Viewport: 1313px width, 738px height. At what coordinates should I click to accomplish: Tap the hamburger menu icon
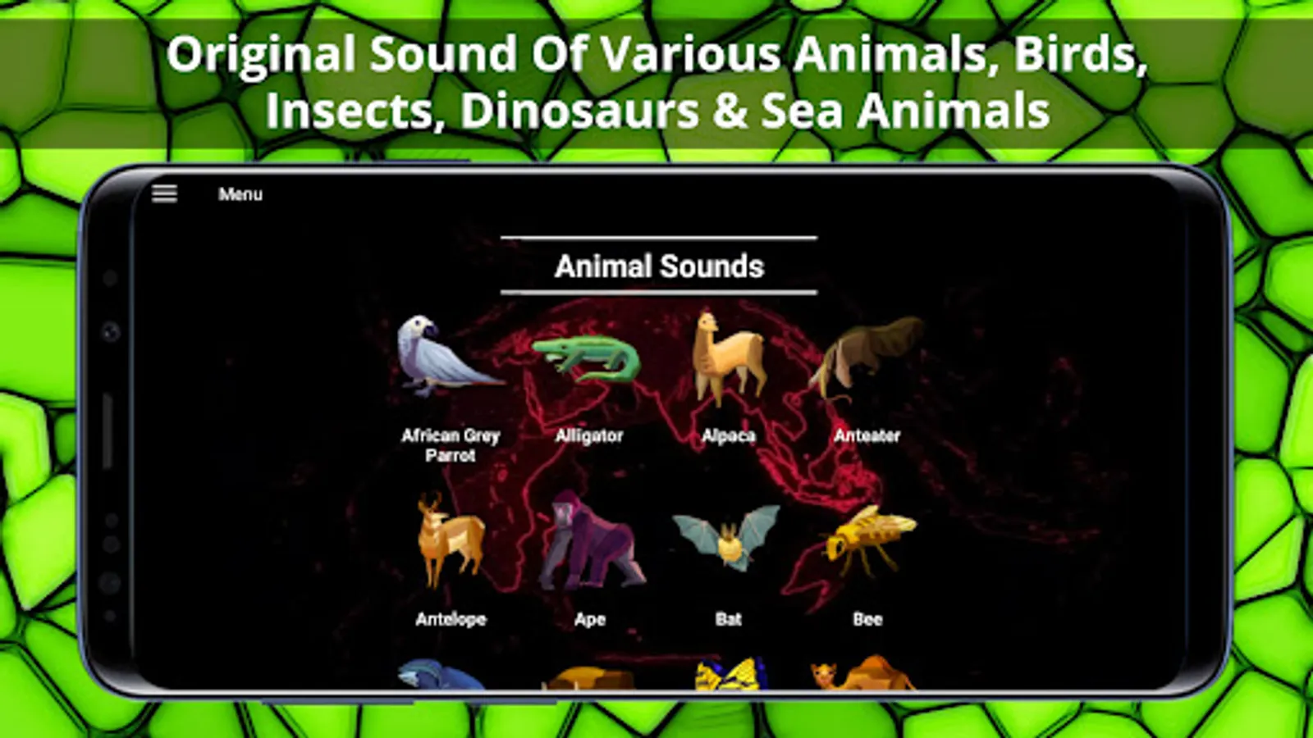(x=164, y=194)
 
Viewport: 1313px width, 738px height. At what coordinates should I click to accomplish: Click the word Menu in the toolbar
(x=240, y=194)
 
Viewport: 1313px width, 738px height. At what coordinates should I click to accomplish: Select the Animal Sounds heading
(x=660, y=266)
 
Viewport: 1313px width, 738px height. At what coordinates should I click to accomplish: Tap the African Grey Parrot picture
(x=448, y=356)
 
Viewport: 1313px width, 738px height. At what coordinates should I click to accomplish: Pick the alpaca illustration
(x=729, y=358)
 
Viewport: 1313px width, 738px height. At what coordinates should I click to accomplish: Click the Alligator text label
(x=589, y=435)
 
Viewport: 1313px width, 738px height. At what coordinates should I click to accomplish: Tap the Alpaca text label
(x=729, y=435)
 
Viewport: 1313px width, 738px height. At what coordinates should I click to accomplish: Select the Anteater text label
(x=867, y=435)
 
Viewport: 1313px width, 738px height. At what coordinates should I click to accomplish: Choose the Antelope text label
(x=451, y=619)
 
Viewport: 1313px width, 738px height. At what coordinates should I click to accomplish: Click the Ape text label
(x=590, y=620)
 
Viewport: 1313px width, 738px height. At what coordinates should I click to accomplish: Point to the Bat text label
(x=729, y=619)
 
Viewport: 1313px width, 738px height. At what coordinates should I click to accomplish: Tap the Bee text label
(x=867, y=619)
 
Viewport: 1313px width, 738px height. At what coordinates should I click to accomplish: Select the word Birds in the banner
(x=1081, y=54)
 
